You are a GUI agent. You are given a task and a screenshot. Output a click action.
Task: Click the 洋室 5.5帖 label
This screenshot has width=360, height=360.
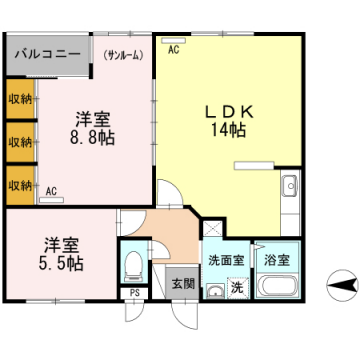(x=63, y=254)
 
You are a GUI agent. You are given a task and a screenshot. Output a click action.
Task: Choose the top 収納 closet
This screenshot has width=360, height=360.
(x=20, y=99)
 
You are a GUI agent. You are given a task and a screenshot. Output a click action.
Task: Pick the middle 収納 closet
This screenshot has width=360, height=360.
(x=20, y=141)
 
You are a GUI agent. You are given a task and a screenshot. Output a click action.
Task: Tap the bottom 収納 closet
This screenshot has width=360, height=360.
(x=20, y=184)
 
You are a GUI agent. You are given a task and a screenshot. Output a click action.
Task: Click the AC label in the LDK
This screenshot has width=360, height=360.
(x=174, y=49)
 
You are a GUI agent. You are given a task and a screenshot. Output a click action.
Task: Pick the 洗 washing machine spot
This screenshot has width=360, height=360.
(x=237, y=287)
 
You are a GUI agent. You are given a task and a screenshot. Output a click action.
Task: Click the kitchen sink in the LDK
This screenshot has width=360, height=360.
(x=291, y=187)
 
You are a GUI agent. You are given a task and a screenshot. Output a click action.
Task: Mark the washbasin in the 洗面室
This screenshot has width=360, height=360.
(x=213, y=291)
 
